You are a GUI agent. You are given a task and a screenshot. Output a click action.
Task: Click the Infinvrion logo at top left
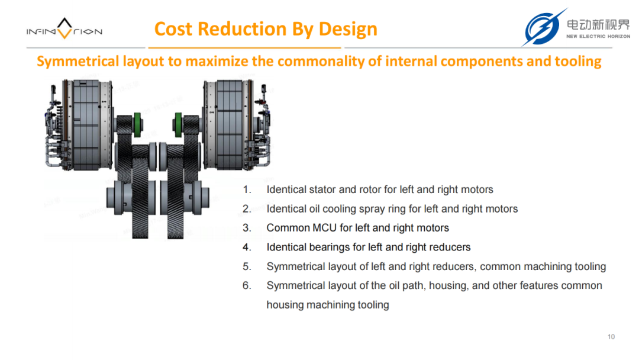pos(64,28)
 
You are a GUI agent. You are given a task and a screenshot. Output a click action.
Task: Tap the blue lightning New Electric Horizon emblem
pos(543,27)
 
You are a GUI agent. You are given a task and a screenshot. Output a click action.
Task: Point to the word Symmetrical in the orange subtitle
pos(78,61)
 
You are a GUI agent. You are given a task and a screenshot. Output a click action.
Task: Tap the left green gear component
pos(137,124)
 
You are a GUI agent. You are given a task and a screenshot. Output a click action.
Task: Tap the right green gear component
pos(178,124)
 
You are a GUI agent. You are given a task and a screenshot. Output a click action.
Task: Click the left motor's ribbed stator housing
pos(86,124)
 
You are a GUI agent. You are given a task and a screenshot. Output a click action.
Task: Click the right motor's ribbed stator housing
pos(230,124)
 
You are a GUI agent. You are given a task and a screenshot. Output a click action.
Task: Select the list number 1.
pos(247,189)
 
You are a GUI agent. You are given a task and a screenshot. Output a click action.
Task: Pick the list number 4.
pos(247,247)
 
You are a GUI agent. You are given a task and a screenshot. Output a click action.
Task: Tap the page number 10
pos(611,337)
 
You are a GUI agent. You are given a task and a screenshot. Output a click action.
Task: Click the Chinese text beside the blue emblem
pos(598,24)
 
